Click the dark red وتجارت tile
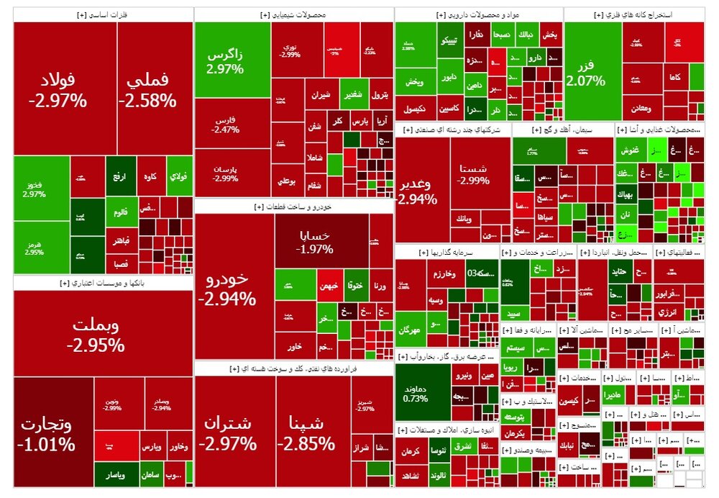click(x=47, y=432)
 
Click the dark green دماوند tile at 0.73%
click(x=416, y=391)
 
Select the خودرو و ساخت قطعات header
click(x=293, y=207)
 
